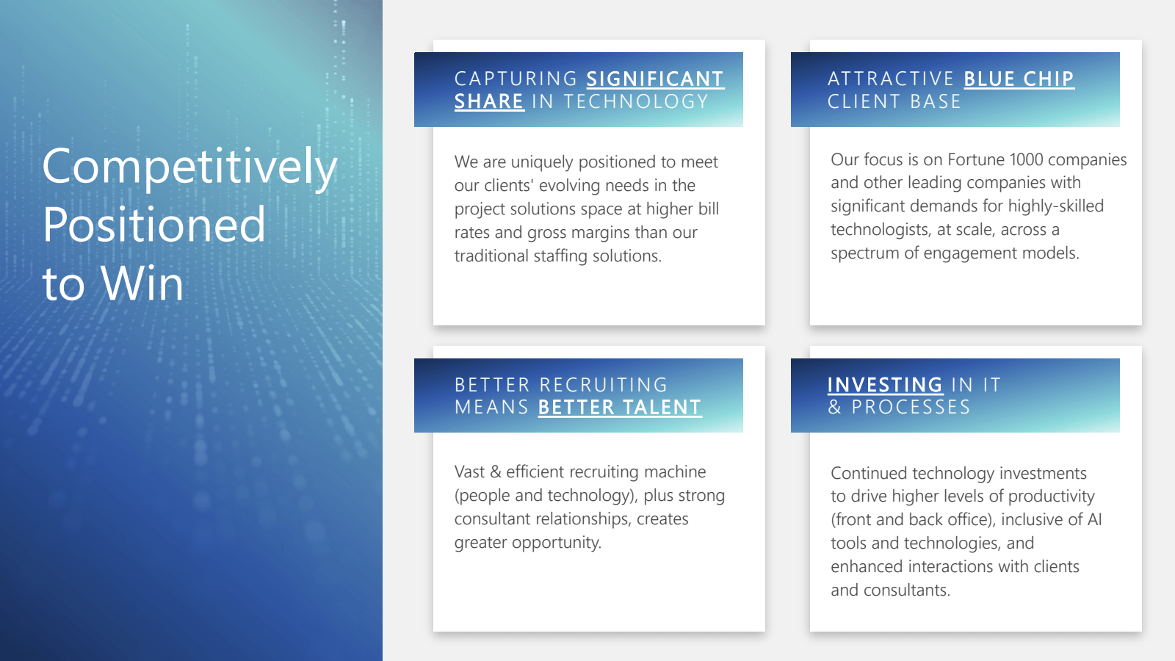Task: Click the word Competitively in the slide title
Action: click(189, 167)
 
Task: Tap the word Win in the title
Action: click(142, 283)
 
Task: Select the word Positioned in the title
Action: click(153, 225)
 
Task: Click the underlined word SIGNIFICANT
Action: click(655, 79)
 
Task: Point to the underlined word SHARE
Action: click(489, 101)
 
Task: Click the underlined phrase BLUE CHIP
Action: click(1019, 79)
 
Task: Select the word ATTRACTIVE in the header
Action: click(891, 79)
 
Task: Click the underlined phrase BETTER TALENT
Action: click(620, 408)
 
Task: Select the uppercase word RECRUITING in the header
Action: click(603, 385)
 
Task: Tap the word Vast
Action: click(469, 472)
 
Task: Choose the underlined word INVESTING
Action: click(885, 385)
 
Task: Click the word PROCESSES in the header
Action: click(911, 408)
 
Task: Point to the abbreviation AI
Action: click(1094, 519)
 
